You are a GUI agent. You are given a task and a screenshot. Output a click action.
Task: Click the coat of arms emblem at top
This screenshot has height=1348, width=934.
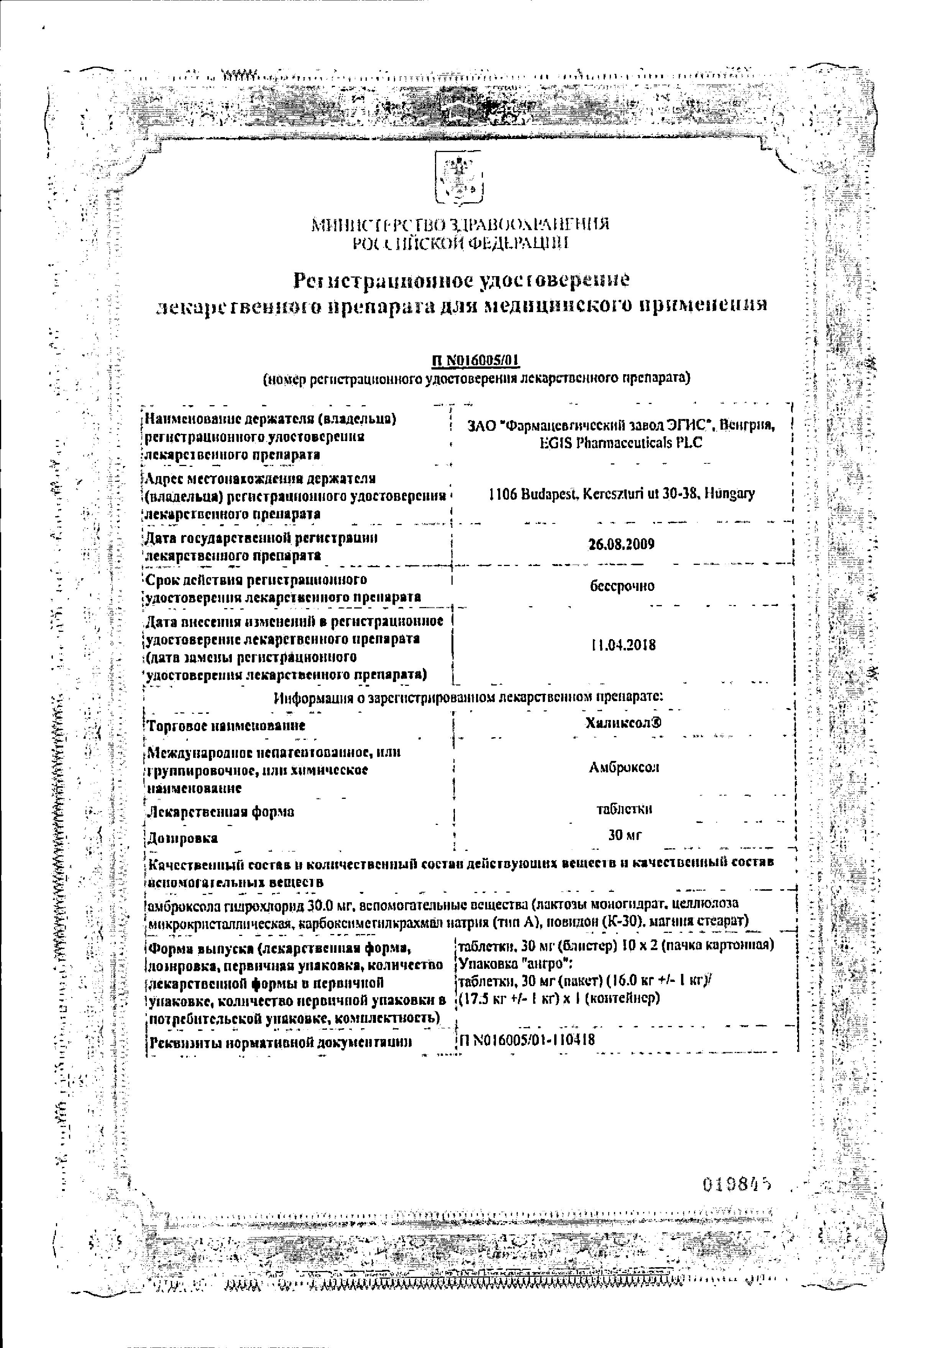(458, 177)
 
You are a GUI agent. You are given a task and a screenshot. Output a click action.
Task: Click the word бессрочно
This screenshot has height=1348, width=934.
(622, 586)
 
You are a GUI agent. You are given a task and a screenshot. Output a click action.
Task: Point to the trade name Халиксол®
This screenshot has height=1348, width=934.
(623, 723)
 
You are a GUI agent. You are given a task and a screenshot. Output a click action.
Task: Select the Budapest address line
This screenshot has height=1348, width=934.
(622, 494)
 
